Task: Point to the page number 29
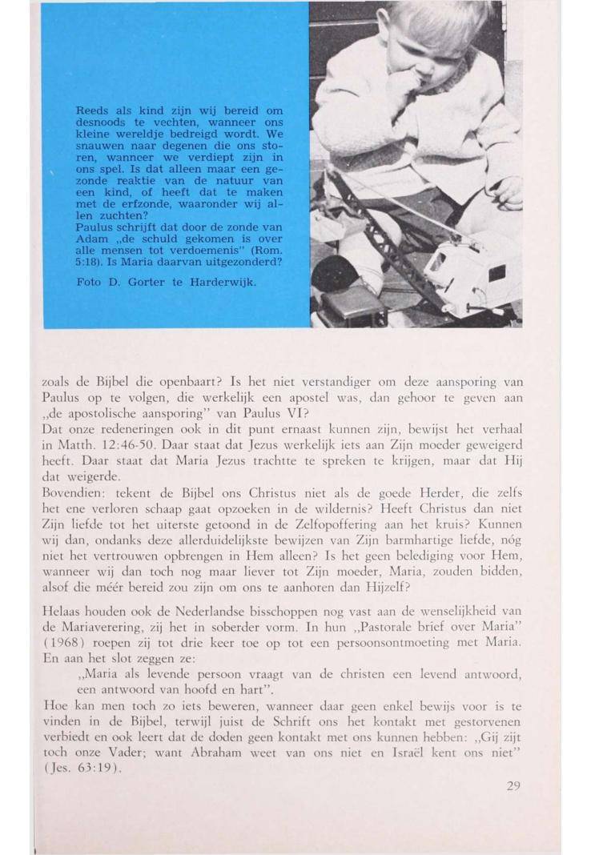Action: pos(513,785)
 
